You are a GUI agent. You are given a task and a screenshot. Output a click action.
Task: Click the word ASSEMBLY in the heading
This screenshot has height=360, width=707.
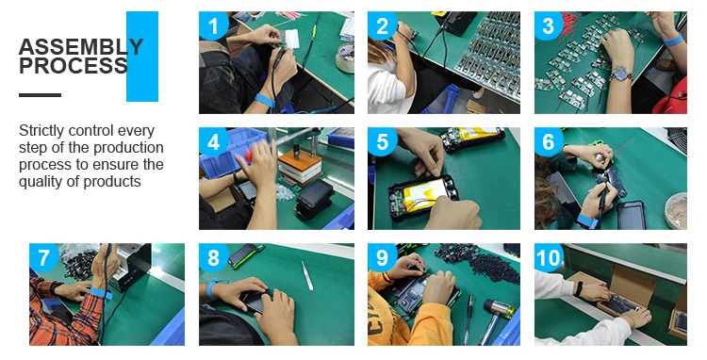81,47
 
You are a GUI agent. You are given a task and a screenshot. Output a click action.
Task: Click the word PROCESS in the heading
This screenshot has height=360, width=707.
74,66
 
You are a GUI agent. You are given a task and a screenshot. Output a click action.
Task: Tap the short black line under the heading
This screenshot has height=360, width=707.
40,95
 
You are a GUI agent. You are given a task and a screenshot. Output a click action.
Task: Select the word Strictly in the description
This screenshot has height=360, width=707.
41,131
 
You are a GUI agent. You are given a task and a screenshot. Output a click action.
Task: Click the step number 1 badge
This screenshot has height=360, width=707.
213,25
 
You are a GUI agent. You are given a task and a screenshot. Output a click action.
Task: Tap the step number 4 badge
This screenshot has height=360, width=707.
213,141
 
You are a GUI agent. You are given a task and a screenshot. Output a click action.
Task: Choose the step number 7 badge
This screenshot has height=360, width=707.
43,257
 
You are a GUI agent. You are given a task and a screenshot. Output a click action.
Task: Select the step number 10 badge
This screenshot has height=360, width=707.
549,257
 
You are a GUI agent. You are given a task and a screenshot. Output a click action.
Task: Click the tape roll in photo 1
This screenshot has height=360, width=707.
345,58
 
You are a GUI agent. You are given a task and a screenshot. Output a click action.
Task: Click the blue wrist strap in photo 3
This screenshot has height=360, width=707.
673,41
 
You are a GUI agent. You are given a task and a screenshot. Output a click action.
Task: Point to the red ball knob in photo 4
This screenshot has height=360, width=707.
250,155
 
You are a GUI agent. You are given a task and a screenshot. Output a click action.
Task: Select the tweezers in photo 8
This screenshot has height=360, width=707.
307,275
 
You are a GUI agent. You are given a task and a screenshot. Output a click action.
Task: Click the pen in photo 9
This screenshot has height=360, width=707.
469,319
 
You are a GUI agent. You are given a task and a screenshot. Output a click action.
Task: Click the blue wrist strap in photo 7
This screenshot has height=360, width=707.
101,294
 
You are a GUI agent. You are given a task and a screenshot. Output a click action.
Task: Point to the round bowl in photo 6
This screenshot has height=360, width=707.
676,210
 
